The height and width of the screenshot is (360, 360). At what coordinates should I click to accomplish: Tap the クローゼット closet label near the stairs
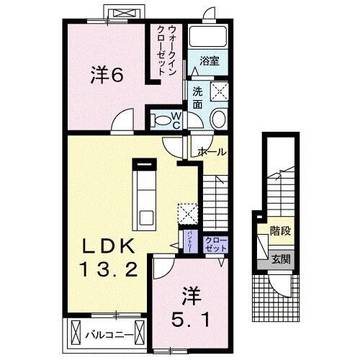pyautogui.click(x=215, y=243)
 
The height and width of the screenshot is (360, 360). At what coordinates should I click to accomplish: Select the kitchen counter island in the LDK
pyautogui.click(x=146, y=194)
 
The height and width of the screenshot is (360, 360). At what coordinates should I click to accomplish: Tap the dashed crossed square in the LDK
pyautogui.click(x=187, y=214)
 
